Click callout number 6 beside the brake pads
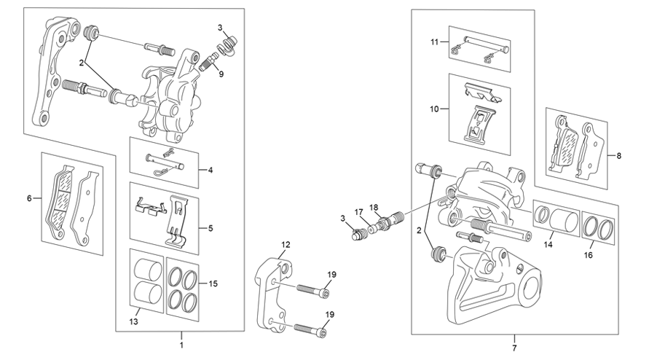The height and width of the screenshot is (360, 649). point(29,198)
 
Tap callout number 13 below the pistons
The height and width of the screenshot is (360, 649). point(133,321)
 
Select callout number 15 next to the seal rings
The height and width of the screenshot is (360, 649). point(213,283)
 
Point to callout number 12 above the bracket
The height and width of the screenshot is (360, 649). point(286,244)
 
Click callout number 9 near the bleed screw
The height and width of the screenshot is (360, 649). point(221,74)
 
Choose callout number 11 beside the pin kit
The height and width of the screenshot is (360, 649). point(434,42)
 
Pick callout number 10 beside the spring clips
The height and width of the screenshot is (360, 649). point(434,109)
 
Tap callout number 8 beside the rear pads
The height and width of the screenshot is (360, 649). point(619,156)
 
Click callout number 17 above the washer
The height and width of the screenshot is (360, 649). point(358,212)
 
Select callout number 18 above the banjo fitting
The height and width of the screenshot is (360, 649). point(374,207)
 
